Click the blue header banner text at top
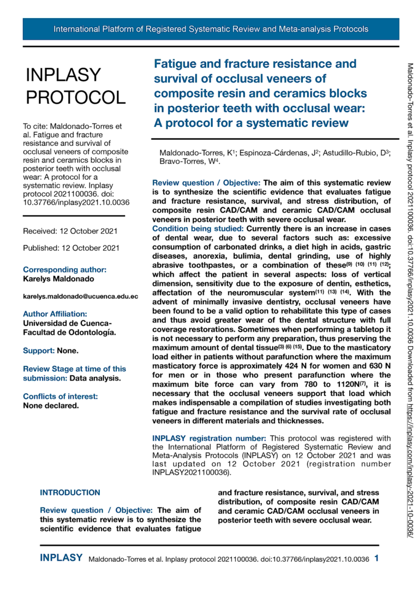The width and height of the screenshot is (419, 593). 211,29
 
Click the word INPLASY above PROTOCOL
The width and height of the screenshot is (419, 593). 63,75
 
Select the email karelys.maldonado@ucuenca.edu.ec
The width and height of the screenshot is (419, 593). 80,296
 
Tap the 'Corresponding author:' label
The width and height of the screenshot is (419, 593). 64,269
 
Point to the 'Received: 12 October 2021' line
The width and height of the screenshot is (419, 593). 70,231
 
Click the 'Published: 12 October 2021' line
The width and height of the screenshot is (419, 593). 71,248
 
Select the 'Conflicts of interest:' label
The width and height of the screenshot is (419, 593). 60,396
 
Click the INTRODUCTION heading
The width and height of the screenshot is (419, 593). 70,493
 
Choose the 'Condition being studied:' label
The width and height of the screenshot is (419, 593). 198,228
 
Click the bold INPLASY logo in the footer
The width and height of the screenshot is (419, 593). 61,558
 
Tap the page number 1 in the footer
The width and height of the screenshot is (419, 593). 377,558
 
